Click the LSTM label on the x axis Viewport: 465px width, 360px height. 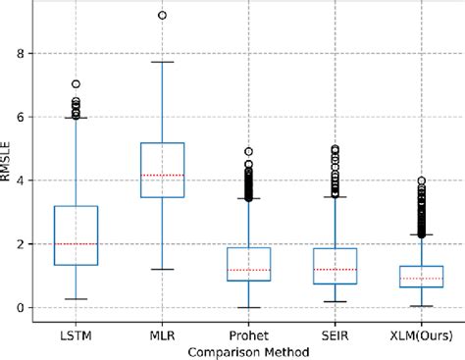[76, 335]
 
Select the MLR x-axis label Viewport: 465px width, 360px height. [162, 335]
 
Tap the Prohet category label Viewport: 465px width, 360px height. [248, 335]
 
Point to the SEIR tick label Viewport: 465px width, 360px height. [335, 335]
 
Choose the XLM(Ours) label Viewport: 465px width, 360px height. [421, 335]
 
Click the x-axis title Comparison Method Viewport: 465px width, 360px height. [248, 351]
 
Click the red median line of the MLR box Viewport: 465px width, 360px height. [162, 175]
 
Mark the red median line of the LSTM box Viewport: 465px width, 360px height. [76, 243]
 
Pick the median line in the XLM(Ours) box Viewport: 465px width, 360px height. [421, 279]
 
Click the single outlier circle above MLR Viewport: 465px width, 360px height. [162, 15]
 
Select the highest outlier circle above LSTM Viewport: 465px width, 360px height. [76, 84]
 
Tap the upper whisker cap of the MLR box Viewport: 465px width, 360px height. [162, 62]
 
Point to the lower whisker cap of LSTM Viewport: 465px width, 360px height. [76, 298]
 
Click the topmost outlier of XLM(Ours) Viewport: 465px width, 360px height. [421, 180]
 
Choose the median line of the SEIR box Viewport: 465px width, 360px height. [335, 270]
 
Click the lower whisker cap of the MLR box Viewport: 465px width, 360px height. [162, 269]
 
